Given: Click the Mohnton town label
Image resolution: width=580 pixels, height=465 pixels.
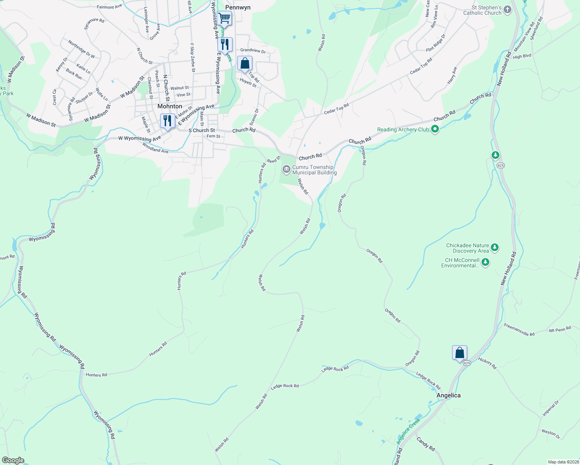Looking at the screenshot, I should point(169,106).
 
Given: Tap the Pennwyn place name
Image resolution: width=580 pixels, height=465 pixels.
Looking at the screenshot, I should point(238,7).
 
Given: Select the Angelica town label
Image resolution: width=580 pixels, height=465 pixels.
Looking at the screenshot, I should point(449,395).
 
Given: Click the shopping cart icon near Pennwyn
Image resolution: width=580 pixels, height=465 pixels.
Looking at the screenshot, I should point(224,17).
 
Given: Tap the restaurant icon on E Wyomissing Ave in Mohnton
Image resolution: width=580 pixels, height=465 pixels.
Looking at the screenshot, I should point(167,121).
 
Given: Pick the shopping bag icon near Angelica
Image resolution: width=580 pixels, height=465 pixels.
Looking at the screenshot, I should point(459,353).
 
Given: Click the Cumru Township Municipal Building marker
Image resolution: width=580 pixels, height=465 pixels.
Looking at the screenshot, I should point(287,169).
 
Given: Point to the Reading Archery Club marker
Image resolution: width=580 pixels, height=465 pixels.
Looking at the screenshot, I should point(435,129).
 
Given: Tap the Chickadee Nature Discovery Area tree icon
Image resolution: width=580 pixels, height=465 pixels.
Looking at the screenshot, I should point(494,247).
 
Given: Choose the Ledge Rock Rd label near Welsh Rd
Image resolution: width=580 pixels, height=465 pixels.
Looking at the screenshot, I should point(285,386).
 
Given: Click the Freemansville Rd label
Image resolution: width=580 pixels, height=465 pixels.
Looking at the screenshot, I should point(519,330).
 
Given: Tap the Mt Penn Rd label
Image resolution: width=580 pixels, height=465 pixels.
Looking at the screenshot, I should point(560,330).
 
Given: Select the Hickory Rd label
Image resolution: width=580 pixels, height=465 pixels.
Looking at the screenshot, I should point(487,363).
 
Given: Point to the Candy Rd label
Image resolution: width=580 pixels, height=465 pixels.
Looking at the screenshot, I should point(425,443).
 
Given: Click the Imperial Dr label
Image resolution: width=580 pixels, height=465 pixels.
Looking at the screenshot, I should point(551,408).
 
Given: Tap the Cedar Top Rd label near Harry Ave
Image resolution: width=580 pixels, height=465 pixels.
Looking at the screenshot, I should point(421,67).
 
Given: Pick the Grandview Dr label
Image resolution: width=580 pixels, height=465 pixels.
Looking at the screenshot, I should point(253,50).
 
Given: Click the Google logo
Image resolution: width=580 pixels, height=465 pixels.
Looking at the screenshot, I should point(13,460).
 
